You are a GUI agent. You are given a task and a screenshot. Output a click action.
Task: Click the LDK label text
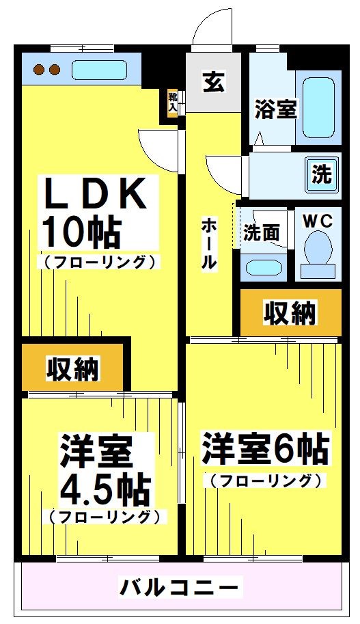pyautogui.click(x=96, y=194)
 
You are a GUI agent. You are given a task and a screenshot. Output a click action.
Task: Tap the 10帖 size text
pyautogui.click(x=82, y=232)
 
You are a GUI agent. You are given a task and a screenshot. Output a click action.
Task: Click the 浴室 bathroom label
pyautogui.click(x=276, y=109)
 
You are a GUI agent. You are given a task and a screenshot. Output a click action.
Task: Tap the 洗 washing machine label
pyautogui.click(x=321, y=174)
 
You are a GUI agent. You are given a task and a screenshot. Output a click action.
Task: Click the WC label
pyautogui.click(x=318, y=221)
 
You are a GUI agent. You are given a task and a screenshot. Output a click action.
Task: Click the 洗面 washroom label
pyautogui.click(x=262, y=233)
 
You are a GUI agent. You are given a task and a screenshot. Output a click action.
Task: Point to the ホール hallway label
pyautogui.click(x=208, y=243)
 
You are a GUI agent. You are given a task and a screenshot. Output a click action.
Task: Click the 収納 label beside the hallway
pyautogui.click(x=290, y=313)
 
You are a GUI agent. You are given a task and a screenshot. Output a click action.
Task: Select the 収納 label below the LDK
pyautogui.click(x=73, y=368)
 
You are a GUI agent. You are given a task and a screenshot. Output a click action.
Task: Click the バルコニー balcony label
pyautogui.click(x=180, y=586)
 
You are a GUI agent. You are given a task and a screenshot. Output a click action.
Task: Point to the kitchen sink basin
pyautogui.click(x=98, y=70)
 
